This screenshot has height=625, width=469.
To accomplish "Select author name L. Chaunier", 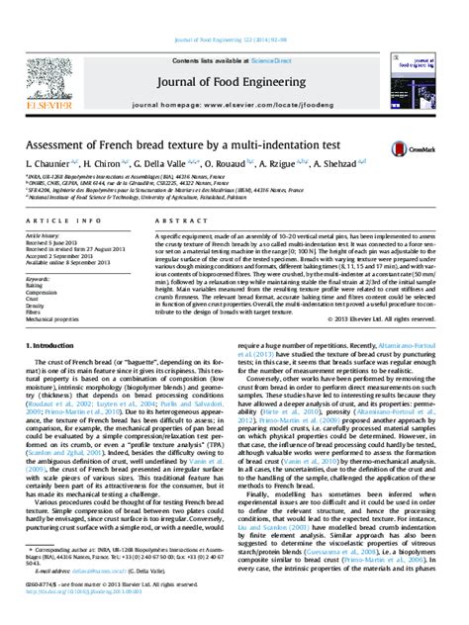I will (50, 161).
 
